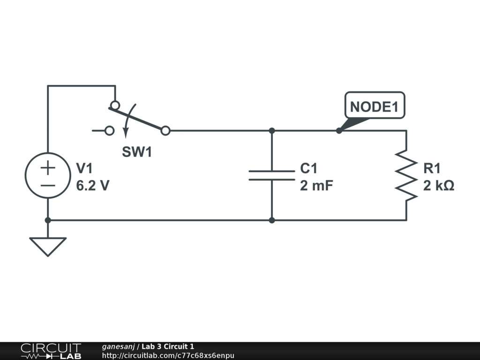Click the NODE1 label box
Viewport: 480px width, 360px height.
pyautogui.click(x=375, y=105)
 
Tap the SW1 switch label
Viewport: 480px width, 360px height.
pyautogui.click(x=137, y=152)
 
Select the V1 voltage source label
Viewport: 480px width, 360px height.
pyautogui.click(x=84, y=168)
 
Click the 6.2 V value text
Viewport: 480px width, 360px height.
pyautogui.click(x=92, y=186)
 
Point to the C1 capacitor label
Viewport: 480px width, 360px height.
pyautogui.click(x=308, y=168)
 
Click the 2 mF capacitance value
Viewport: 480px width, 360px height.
pyautogui.click(x=316, y=186)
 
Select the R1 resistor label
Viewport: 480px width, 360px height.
pyautogui.click(x=432, y=168)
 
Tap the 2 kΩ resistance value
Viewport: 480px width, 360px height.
pyautogui.click(x=439, y=186)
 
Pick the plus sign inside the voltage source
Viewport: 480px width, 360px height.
pyautogui.click(x=48, y=168)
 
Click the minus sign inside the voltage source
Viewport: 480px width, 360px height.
pyautogui.click(x=48, y=186)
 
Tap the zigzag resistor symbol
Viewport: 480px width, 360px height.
pyautogui.click(x=406, y=175)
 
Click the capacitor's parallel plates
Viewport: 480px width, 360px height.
pyautogui.click(x=272, y=175)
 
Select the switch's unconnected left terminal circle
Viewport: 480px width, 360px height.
pyautogui.click(x=109, y=131)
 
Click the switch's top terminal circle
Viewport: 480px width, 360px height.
pyautogui.click(x=115, y=105)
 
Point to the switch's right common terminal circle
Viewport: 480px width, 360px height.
pyautogui.click(x=165, y=131)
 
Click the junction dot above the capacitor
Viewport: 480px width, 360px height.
pyautogui.click(x=272, y=131)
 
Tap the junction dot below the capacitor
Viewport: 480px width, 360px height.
pyautogui.click(x=272, y=220)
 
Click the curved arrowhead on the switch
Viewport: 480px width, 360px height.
pyautogui.click(x=126, y=133)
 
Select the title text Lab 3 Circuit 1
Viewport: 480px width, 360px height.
pyautogui.click(x=168, y=346)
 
